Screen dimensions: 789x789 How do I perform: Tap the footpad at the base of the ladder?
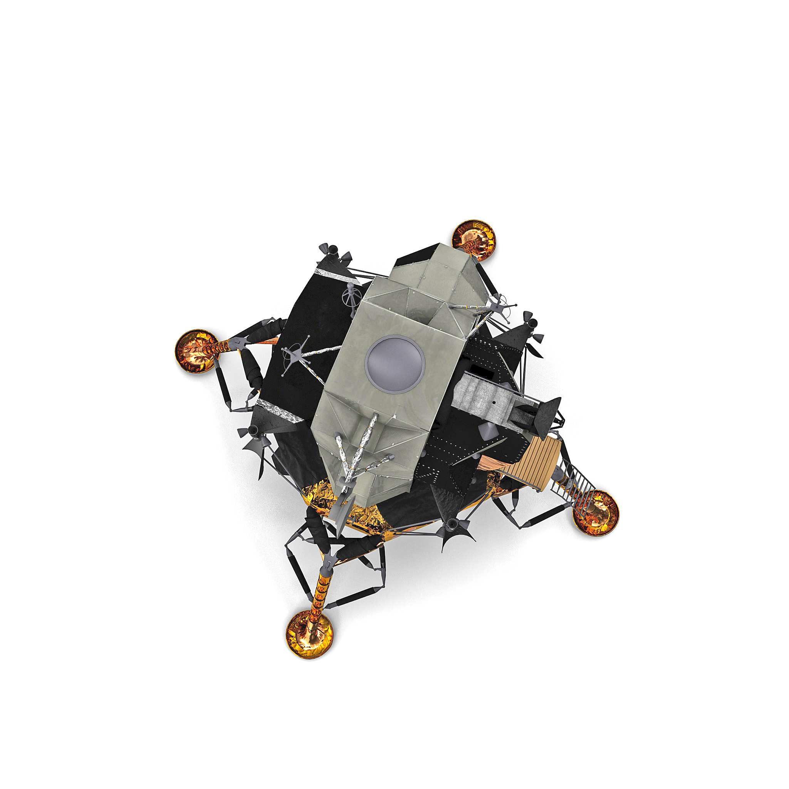coord(596,513)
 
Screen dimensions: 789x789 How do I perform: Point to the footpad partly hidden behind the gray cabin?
coord(474,240)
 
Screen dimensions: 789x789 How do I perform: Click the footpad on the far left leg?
coord(196,351)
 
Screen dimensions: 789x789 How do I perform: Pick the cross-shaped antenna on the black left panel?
coord(296,354)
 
